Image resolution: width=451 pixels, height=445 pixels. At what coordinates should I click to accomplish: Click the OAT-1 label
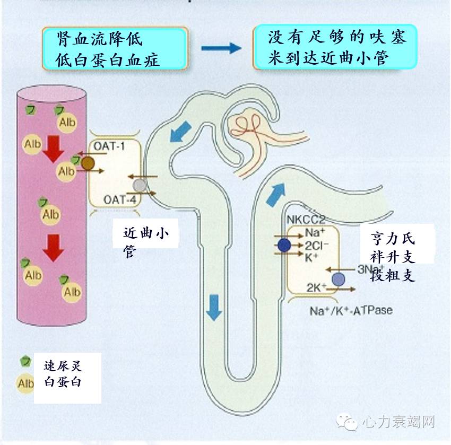coord(109,145)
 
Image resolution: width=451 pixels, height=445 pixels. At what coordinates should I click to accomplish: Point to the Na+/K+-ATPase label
coord(351,309)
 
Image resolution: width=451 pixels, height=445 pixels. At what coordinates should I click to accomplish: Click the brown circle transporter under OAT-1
coord(87,163)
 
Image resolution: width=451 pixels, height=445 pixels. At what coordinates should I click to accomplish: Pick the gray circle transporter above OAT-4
coord(140,185)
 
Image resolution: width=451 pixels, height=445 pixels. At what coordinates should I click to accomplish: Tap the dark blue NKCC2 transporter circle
coord(284,245)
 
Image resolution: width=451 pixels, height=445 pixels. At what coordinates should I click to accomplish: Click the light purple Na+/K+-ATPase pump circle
coord(338,279)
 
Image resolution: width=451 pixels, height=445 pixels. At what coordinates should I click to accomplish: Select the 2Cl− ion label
coord(317,245)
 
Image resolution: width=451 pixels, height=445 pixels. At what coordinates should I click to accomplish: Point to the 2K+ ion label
coord(316,287)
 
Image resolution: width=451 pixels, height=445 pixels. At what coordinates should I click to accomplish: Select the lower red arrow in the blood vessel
coord(54,248)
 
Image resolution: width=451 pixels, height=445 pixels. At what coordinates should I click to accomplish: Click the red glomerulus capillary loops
coord(246,125)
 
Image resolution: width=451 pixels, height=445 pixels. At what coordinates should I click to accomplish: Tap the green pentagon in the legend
coord(24,361)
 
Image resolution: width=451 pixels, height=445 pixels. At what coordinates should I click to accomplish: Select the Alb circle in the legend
coord(25,383)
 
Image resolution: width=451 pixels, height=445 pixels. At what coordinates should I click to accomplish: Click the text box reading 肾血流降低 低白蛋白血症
coord(115,48)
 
